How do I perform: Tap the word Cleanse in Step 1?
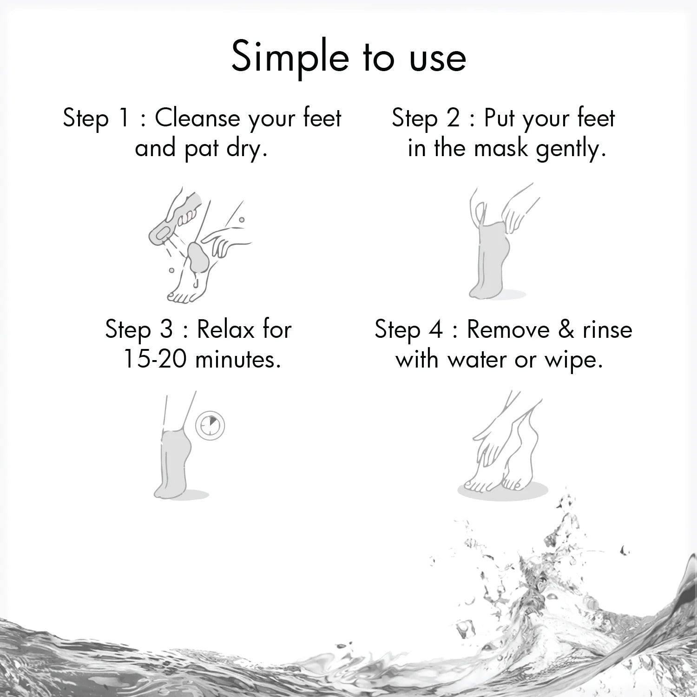(x=197, y=118)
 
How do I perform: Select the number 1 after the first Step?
(x=124, y=118)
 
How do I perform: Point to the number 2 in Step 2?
(x=453, y=118)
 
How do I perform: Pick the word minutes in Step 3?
(x=238, y=360)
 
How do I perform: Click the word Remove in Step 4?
(x=508, y=330)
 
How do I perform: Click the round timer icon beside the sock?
(x=210, y=426)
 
